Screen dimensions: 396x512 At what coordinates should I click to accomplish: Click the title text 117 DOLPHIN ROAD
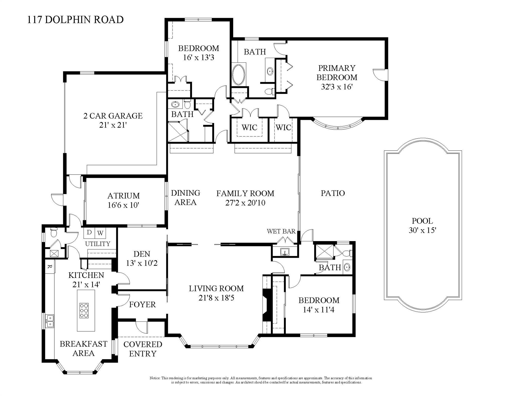[x=75, y=20]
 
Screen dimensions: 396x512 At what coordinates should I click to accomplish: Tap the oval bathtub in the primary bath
[x=239, y=75]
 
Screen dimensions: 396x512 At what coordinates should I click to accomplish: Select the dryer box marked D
[x=89, y=232]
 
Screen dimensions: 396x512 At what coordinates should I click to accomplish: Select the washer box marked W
[x=100, y=233]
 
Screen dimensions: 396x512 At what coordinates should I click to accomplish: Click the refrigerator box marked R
[x=50, y=267]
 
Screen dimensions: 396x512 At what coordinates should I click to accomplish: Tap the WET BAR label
[x=281, y=231]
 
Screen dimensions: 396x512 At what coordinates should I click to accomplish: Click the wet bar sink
[x=284, y=251]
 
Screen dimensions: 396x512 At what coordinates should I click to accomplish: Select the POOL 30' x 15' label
[x=422, y=225]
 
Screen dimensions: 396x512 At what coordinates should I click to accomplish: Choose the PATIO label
[x=333, y=193]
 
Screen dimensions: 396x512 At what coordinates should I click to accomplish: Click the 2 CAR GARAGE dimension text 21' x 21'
[x=113, y=125]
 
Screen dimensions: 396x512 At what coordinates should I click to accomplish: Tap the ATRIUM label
[x=123, y=196]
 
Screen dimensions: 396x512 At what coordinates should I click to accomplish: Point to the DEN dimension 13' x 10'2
[x=142, y=263]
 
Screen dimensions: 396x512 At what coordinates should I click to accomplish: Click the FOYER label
[x=142, y=304]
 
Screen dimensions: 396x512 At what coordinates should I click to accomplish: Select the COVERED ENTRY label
[x=142, y=349]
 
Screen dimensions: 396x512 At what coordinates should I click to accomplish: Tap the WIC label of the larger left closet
[x=249, y=127]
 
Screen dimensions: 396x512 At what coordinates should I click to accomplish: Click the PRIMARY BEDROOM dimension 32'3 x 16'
[x=337, y=87]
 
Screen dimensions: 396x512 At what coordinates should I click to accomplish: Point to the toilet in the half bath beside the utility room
[x=54, y=233]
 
